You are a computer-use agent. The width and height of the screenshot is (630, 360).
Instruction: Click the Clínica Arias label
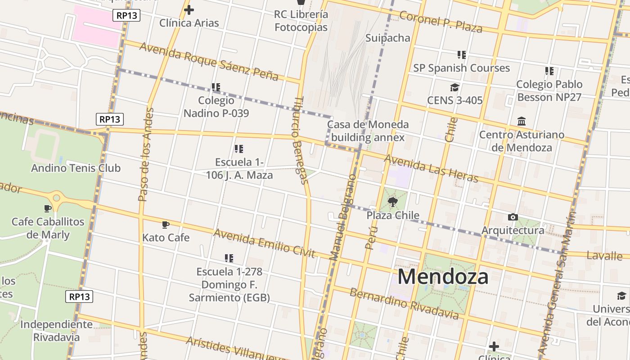(x=189, y=23)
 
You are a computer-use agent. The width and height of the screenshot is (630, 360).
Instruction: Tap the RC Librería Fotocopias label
(x=301, y=21)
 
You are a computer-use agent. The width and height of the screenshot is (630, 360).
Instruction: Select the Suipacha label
(x=388, y=38)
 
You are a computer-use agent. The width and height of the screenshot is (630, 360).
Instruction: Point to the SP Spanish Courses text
(x=461, y=68)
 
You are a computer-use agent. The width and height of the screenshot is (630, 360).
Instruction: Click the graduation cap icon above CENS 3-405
(x=454, y=87)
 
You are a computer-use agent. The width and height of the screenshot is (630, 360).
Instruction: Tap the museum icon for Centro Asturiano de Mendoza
(x=522, y=121)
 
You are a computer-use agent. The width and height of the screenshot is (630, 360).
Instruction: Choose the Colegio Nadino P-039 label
(x=216, y=107)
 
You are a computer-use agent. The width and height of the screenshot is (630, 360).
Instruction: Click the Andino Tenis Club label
(x=76, y=168)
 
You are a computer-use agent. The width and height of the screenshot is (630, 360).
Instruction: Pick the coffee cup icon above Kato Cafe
(x=166, y=225)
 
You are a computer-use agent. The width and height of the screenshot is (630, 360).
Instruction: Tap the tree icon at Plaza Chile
(x=393, y=202)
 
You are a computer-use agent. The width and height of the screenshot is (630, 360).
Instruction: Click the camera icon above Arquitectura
(x=513, y=217)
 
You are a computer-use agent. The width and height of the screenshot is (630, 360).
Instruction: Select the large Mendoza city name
(x=443, y=276)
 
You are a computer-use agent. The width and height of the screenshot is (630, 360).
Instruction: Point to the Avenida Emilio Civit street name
(x=264, y=243)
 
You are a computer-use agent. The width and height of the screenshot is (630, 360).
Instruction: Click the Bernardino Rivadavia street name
(x=404, y=304)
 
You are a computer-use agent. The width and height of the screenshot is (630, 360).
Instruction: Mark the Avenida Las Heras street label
(x=431, y=168)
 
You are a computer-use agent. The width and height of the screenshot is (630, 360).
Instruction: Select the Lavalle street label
(x=604, y=256)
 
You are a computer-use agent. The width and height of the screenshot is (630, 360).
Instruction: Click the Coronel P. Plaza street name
(x=441, y=22)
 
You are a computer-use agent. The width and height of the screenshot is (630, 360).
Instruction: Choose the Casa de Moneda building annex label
(x=368, y=131)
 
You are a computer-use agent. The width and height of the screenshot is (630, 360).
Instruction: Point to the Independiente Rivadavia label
(x=56, y=330)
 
